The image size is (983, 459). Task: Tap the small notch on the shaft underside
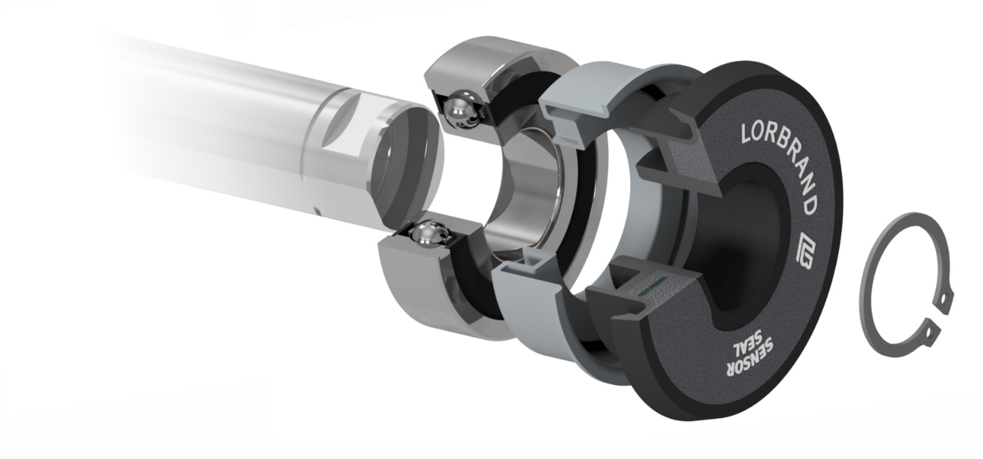(x=318, y=212)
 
